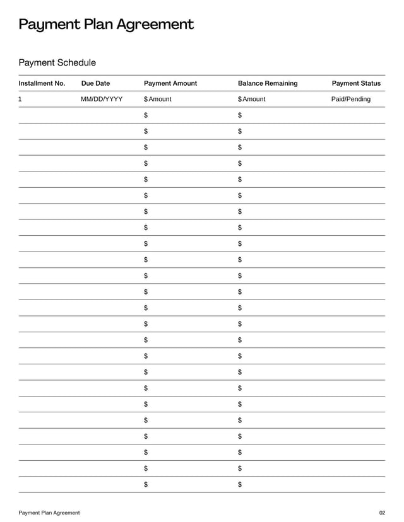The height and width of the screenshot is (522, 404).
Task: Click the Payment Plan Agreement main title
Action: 105,25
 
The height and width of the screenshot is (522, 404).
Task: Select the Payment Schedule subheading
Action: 57,62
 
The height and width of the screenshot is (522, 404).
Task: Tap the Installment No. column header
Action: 42,83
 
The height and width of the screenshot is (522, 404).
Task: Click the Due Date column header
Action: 95,83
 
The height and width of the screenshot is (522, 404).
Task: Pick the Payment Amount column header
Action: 170,83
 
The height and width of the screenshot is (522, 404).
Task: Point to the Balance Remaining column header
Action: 268,83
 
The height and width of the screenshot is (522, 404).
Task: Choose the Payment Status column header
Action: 356,83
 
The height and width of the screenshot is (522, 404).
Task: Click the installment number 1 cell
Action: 21,100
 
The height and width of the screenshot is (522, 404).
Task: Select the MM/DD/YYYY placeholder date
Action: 102,100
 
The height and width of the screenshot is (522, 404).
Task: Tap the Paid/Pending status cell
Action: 351,100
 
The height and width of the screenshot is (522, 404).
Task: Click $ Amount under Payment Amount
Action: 158,100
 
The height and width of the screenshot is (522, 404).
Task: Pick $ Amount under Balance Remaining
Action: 252,100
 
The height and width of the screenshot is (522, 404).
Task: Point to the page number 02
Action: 381,513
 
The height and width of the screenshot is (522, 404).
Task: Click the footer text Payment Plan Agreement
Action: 49,513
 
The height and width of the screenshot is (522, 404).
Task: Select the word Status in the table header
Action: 370,83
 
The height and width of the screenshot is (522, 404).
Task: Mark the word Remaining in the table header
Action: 282,83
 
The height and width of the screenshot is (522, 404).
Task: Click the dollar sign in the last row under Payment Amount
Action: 146,484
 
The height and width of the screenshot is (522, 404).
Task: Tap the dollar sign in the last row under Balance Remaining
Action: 240,484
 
